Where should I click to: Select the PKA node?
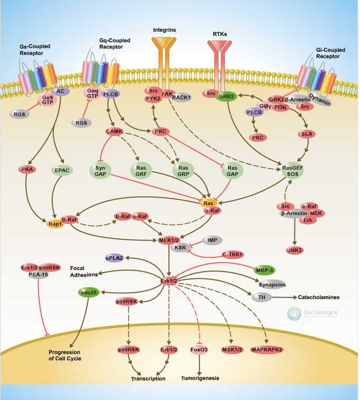tap(28, 170)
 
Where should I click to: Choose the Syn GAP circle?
tap(101, 171)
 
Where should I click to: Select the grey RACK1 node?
tap(181, 97)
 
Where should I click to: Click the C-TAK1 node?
tap(232, 255)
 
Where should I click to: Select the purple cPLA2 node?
tap(114, 258)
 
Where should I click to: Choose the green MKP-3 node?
tap(264, 269)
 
